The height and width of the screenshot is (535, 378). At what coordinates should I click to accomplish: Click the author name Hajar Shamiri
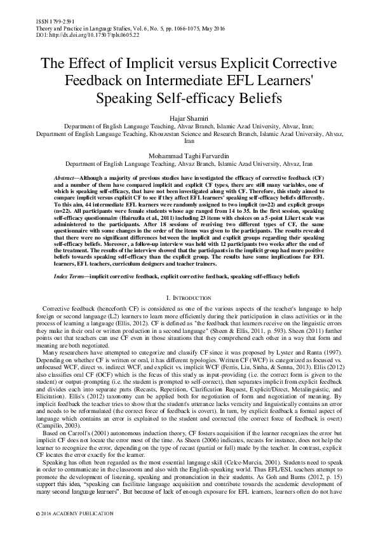189,118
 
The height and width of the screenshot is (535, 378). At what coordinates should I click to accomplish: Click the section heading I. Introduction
189,297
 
